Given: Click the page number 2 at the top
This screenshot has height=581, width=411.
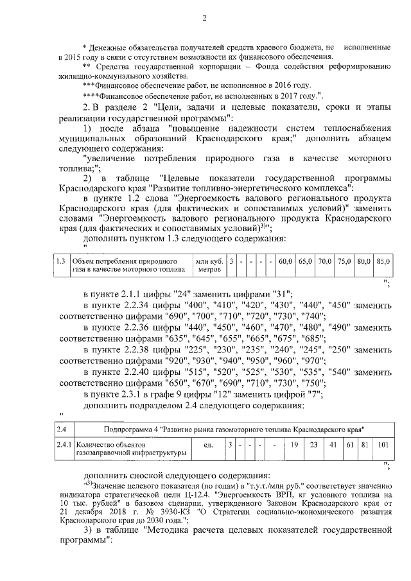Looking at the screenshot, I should click(x=205, y=17).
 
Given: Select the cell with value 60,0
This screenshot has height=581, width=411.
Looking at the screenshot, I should click(x=286, y=262).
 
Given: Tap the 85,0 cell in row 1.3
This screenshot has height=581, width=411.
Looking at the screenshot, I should click(x=383, y=262).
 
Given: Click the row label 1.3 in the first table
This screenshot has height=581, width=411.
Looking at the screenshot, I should click(x=60, y=262).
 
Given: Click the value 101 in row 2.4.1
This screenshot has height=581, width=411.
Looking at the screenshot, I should click(x=383, y=444).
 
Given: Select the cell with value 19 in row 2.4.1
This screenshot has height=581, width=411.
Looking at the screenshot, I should click(x=293, y=444).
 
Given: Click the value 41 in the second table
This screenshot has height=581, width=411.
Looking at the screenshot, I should click(x=333, y=444).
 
